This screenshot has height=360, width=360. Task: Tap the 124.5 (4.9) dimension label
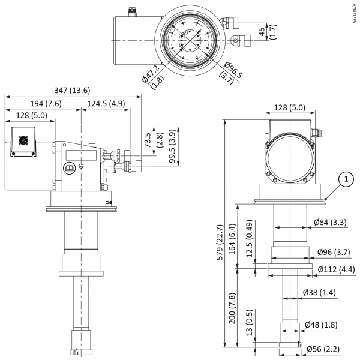tap(106, 104)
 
